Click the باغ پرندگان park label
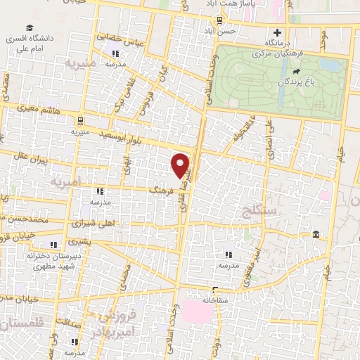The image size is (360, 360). tap(308, 82)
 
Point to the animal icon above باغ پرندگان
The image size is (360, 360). tap(297, 71)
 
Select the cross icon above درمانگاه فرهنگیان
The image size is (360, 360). tap(278, 32)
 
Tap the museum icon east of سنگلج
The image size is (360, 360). tap(315, 233)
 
